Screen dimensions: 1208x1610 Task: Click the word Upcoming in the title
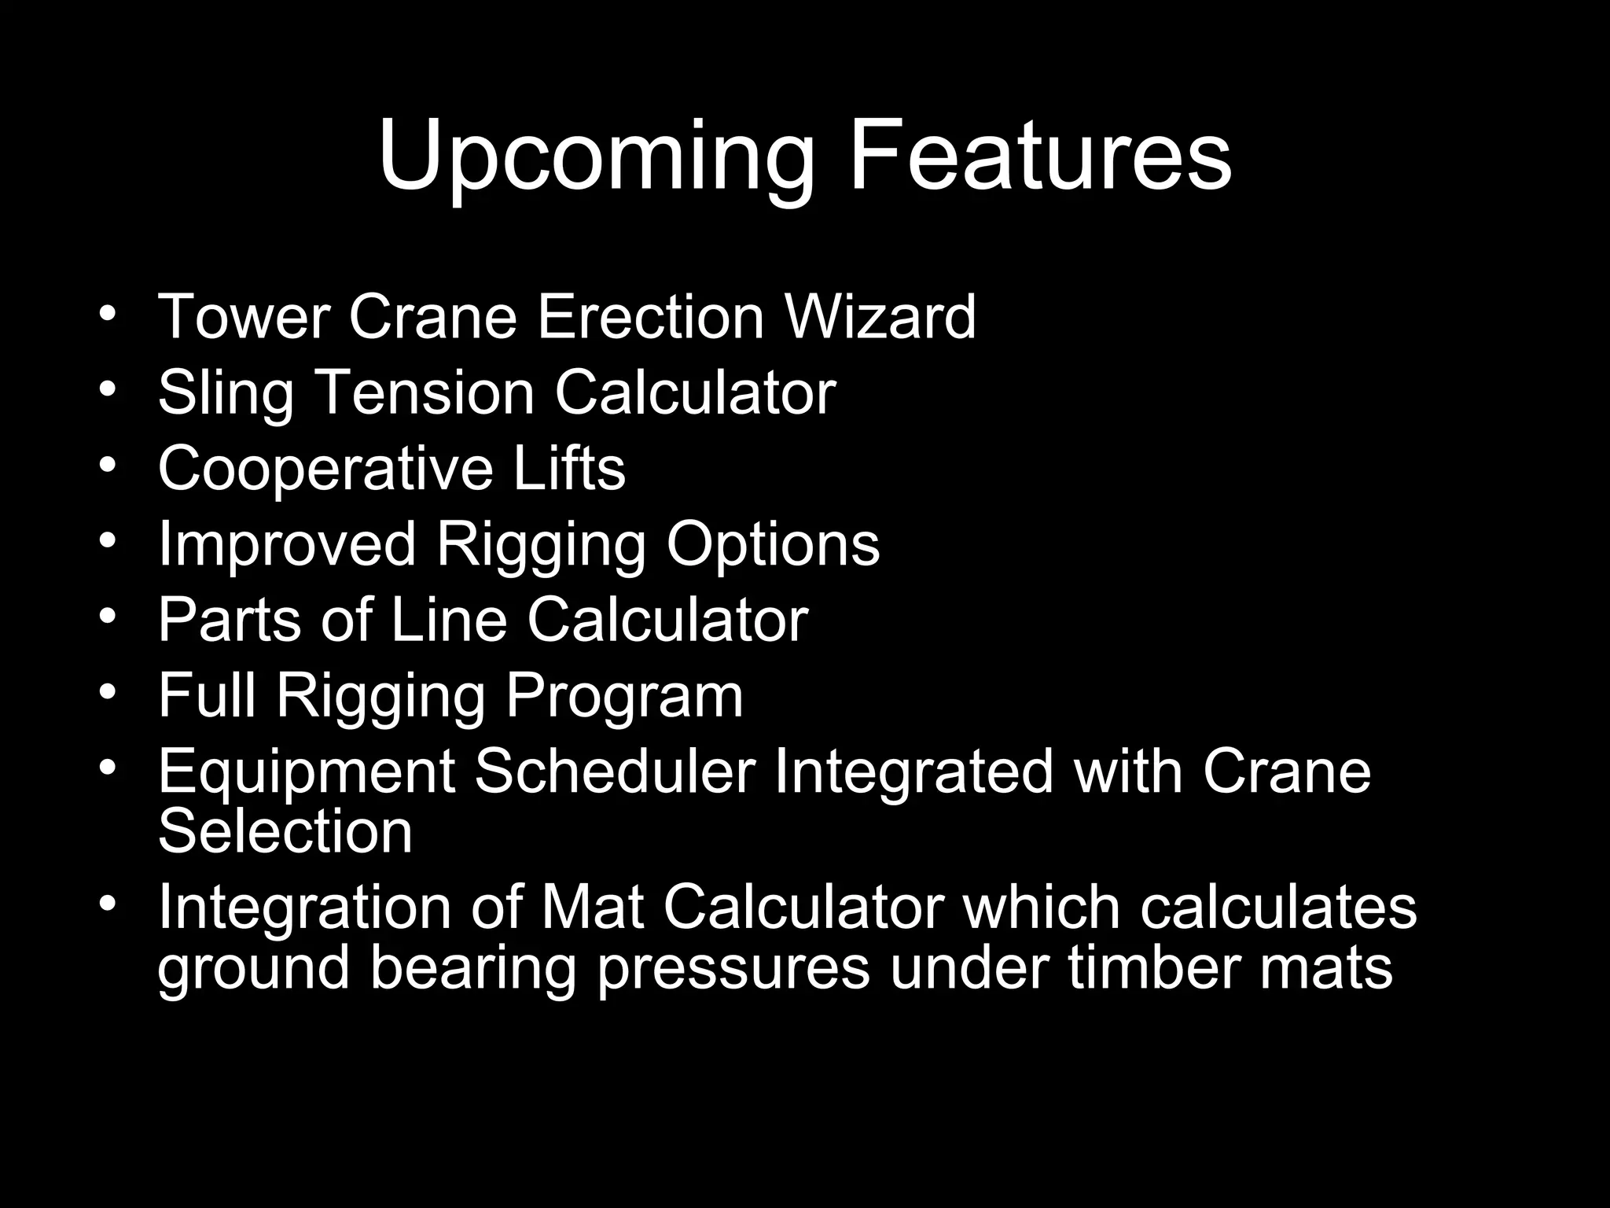point(595,157)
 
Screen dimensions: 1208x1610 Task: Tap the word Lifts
point(569,468)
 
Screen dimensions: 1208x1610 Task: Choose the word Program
point(624,698)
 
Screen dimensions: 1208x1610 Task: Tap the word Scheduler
point(615,772)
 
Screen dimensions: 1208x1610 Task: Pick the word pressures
point(733,969)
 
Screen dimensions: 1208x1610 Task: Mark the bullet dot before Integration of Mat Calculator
point(108,902)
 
